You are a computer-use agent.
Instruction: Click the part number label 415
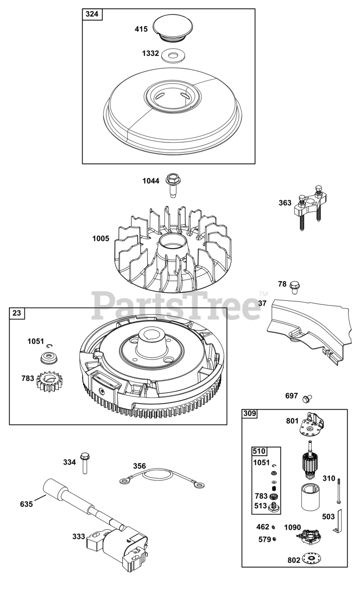[141, 29]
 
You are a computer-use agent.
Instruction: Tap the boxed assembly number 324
[92, 14]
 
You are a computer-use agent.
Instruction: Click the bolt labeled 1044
[171, 185]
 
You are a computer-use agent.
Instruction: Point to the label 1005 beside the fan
[101, 239]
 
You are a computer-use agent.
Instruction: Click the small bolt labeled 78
[295, 287]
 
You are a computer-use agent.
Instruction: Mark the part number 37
[262, 303]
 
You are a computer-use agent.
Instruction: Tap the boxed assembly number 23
[17, 314]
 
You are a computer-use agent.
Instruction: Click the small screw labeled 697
[308, 397]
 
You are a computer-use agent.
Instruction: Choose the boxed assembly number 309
[250, 414]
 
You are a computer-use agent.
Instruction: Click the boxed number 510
[259, 451]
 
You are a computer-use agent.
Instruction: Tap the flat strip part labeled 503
[341, 521]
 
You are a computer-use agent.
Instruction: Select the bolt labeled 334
[85, 462]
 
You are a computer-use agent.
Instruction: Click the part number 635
[27, 504]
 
